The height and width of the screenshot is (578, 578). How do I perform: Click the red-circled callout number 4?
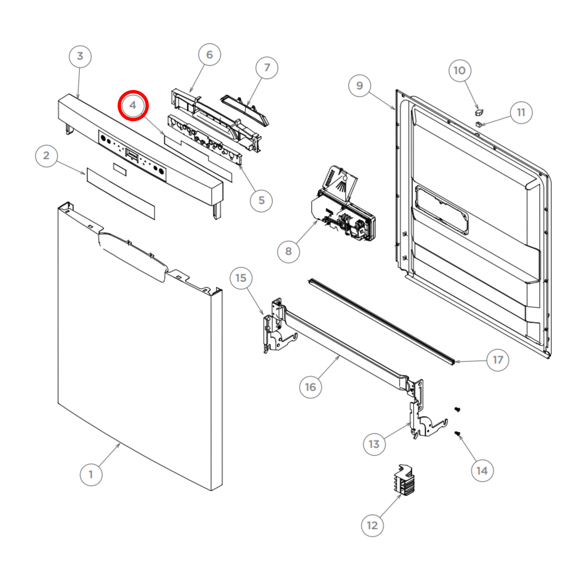point(133,105)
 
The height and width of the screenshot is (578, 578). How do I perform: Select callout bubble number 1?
point(91,474)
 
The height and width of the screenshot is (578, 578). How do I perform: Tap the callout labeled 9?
point(359,86)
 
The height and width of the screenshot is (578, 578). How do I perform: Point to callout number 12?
point(372,525)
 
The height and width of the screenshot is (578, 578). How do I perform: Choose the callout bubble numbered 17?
point(498,360)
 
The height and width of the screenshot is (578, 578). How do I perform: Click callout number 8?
point(288,251)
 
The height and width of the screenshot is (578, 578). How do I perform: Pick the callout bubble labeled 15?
point(241,278)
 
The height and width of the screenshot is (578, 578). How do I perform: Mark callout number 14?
point(482,471)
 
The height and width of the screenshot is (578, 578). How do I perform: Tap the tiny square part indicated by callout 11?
point(479,124)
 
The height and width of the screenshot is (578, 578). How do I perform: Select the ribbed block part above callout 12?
point(405,480)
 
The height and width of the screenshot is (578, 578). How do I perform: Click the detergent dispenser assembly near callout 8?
point(343,204)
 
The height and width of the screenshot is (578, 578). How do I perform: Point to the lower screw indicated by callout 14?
point(457,433)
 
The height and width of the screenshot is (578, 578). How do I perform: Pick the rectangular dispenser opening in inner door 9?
point(441,210)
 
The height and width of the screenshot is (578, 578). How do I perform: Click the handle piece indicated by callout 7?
point(245,111)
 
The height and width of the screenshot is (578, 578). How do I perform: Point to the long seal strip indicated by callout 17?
point(381,321)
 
